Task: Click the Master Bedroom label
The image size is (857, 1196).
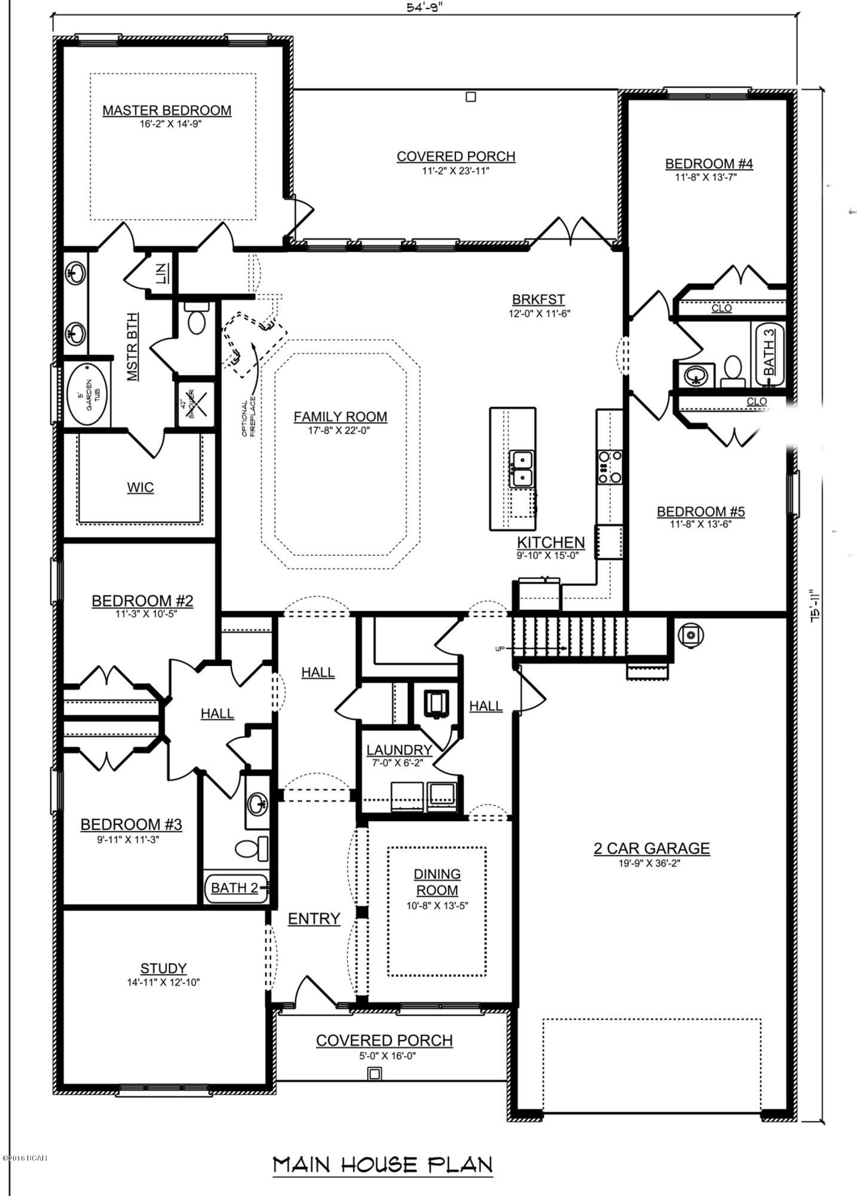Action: (167, 110)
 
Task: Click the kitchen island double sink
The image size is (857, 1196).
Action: (521, 469)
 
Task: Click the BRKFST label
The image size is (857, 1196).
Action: (538, 300)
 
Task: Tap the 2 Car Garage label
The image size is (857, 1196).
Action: (651, 848)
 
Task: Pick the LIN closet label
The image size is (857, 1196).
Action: (160, 273)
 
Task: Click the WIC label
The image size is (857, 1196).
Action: (140, 487)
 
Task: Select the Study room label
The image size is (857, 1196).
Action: (163, 968)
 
